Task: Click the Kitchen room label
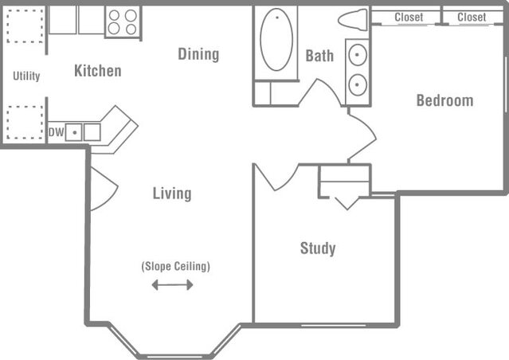pos(97,71)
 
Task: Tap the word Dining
pos(198,54)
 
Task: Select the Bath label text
pos(319,56)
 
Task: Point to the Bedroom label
pos(444,100)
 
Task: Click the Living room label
pos(172,194)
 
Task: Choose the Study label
pos(318,248)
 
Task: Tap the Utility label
pos(26,76)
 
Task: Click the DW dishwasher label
pos(55,132)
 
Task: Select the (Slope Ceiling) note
pos(175,266)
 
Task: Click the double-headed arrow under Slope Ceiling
pos(172,284)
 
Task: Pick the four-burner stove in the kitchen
pos(123,22)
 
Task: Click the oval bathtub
pos(276,40)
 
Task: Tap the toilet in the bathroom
pos(352,19)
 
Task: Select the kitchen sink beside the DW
pos(83,132)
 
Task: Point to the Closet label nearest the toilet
pos(409,17)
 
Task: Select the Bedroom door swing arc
pos(360,136)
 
